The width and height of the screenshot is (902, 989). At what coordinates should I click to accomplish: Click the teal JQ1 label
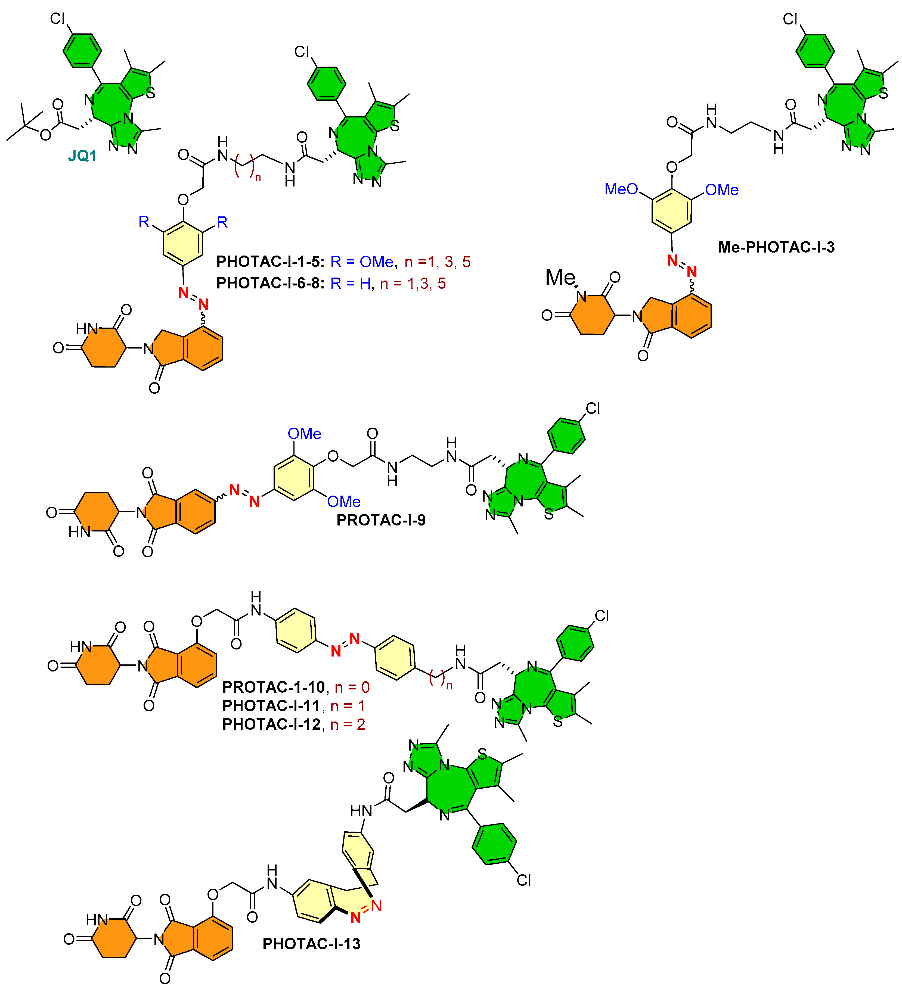point(82,156)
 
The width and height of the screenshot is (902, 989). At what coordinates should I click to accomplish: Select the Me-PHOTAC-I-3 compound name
point(776,247)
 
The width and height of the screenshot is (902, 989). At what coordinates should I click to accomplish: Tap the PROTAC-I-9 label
point(381,520)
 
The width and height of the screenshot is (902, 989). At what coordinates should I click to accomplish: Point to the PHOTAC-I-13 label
point(311,944)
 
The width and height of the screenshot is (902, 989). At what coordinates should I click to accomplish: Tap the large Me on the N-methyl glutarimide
point(560,277)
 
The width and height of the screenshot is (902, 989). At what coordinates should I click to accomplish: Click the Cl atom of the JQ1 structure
point(57,19)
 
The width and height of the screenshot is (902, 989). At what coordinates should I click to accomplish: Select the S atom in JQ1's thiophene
point(151,93)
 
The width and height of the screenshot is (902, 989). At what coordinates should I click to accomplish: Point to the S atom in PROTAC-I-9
point(549,515)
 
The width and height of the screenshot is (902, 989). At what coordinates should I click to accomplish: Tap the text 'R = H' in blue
point(351,284)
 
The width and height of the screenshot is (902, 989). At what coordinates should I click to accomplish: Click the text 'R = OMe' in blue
point(362,262)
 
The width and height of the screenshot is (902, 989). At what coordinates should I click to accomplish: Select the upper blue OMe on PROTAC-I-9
point(304,434)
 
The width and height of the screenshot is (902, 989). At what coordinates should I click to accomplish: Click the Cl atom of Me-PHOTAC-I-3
point(790,19)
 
